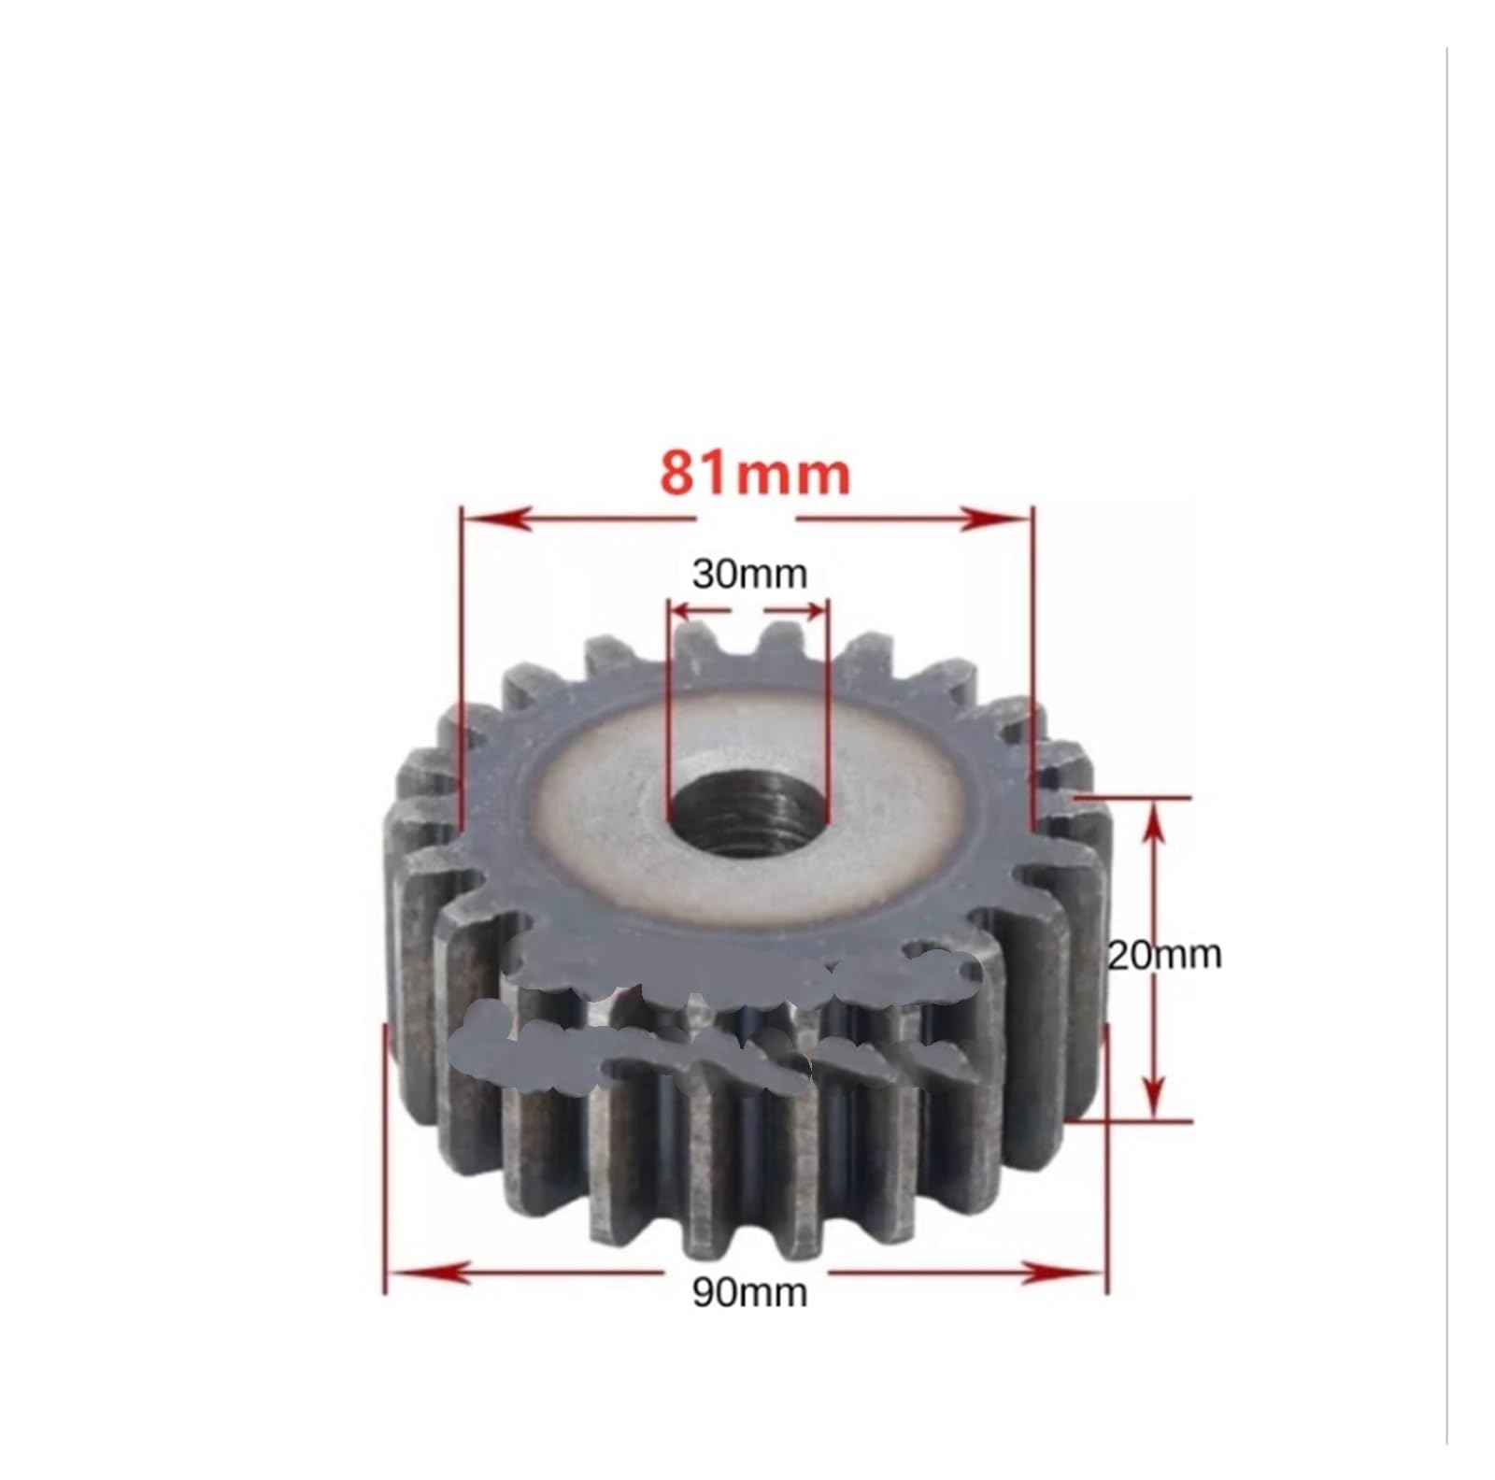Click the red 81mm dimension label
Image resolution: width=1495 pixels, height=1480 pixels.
pyautogui.click(x=755, y=475)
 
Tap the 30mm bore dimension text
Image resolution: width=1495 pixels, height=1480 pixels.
pyautogui.click(x=749, y=574)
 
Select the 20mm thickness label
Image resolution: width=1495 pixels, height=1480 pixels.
pyautogui.click(x=1164, y=955)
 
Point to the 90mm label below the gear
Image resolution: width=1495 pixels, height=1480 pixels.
pyautogui.click(x=749, y=1292)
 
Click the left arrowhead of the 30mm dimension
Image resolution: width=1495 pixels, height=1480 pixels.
pyautogui.click(x=684, y=609)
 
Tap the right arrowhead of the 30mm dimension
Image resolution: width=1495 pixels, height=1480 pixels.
pyautogui.click(x=815, y=609)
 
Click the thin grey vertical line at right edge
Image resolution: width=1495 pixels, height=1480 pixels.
pyautogui.click(x=1446, y=747)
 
